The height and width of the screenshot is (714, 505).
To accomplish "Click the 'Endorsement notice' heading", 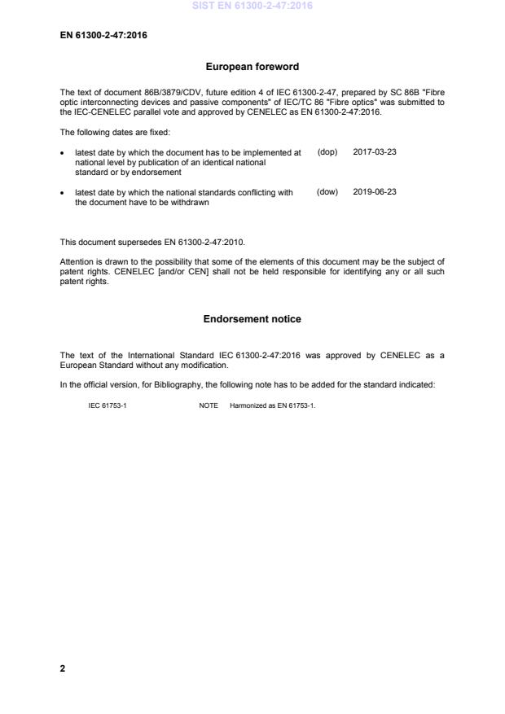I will (x=252, y=319).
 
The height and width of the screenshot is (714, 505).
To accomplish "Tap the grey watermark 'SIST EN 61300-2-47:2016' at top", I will (x=252, y=7).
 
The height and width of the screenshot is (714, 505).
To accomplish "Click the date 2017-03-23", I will (x=375, y=152).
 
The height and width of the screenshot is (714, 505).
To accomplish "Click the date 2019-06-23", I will (x=375, y=193).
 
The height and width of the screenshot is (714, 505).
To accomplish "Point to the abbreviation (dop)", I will (x=327, y=152).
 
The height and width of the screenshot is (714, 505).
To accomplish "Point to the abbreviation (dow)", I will (x=327, y=193).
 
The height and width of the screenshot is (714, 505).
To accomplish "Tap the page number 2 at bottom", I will (x=63, y=668).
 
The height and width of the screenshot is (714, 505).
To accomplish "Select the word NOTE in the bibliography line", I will (x=208, y=405).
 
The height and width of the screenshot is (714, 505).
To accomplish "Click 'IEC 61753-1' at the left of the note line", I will (x=106, y=405).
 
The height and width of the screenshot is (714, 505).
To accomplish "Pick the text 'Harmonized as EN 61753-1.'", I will (x=267, y=405).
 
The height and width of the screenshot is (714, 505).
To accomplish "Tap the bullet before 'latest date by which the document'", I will (x=64, y=153).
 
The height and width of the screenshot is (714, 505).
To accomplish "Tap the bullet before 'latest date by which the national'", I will (x=64, y=194).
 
